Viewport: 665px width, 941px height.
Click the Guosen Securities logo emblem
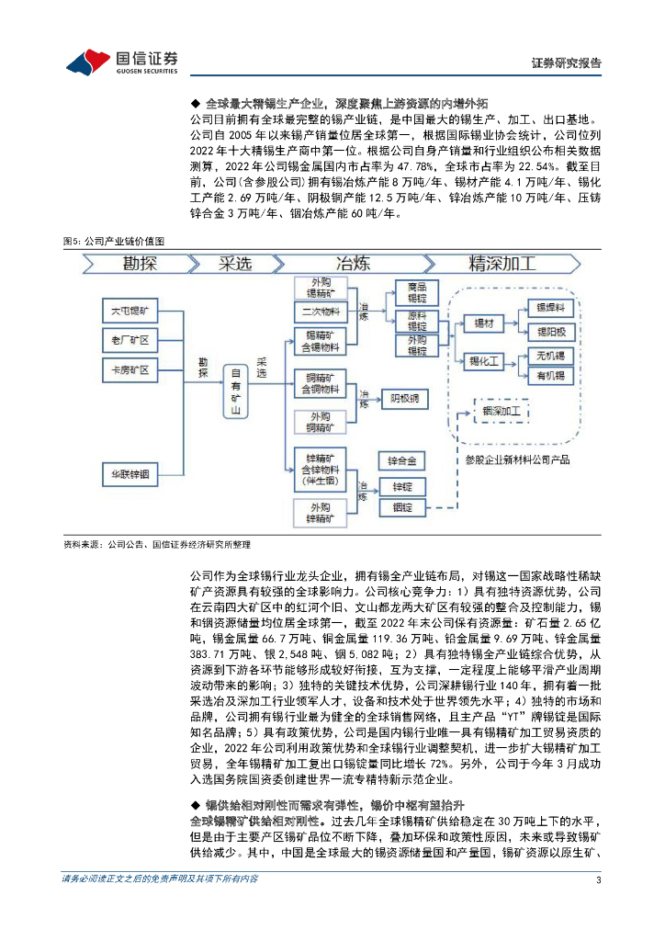88,62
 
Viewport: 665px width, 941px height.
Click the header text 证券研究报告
567,63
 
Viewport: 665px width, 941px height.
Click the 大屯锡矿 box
130,312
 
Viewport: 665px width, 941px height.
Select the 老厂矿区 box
130,342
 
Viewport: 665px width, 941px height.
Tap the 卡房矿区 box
130,371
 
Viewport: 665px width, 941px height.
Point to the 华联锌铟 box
130,474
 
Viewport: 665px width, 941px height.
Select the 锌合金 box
403,459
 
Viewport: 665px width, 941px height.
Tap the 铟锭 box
403,507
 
